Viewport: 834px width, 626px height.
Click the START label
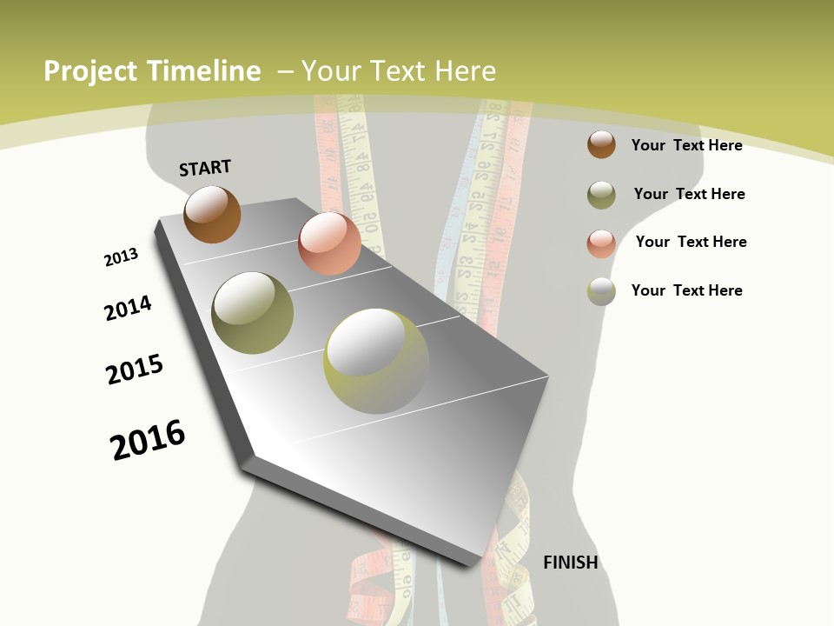[x=205, y=168]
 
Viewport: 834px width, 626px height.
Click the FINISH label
[x=570, y=563]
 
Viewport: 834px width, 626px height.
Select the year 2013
[x=121, y=257]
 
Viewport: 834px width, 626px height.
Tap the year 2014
[x=128, y=308]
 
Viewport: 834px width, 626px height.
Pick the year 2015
[x=135, y=370]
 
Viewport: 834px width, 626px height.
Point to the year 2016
[x=148, y=440]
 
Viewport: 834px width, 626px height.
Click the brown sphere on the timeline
[x=212, y=214]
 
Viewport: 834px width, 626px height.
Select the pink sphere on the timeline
[x=329, y=243]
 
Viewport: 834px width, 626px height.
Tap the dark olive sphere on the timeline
[x=252, y=313]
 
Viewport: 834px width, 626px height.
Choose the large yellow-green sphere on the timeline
[x=376, y=362]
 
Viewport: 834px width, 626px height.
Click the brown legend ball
[x=601, y=144]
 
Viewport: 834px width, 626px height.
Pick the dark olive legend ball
[x=601, y=195]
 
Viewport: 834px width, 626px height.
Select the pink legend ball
[x=601, y=243]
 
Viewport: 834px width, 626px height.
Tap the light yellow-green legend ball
[x=601, y=291]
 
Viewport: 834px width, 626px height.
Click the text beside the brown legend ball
[x=686, y=145]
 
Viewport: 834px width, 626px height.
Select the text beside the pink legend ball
[x=691, y=242]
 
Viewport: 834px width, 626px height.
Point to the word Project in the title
[x=90, y=71]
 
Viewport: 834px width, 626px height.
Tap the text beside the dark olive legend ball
[x=689, y=194]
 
